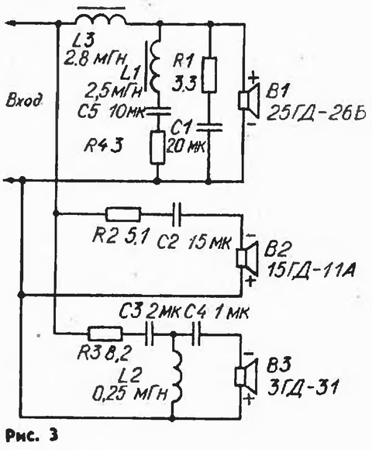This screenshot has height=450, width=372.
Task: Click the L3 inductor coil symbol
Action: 101,19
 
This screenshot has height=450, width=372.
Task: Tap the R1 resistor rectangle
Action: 209,74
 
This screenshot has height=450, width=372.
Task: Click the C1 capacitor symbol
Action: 209,127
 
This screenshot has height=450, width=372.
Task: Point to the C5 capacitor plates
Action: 158,112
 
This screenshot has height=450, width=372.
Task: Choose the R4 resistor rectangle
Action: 157,147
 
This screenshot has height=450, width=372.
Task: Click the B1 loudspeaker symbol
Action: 249,99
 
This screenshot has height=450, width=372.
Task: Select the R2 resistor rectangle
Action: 123,214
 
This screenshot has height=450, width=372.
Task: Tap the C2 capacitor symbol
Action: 177,214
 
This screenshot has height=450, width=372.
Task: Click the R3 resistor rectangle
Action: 105,334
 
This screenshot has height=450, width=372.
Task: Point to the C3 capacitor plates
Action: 150,334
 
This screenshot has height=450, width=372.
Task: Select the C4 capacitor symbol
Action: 196,334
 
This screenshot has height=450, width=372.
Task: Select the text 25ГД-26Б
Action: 316,114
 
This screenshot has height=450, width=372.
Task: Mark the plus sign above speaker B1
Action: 254,78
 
